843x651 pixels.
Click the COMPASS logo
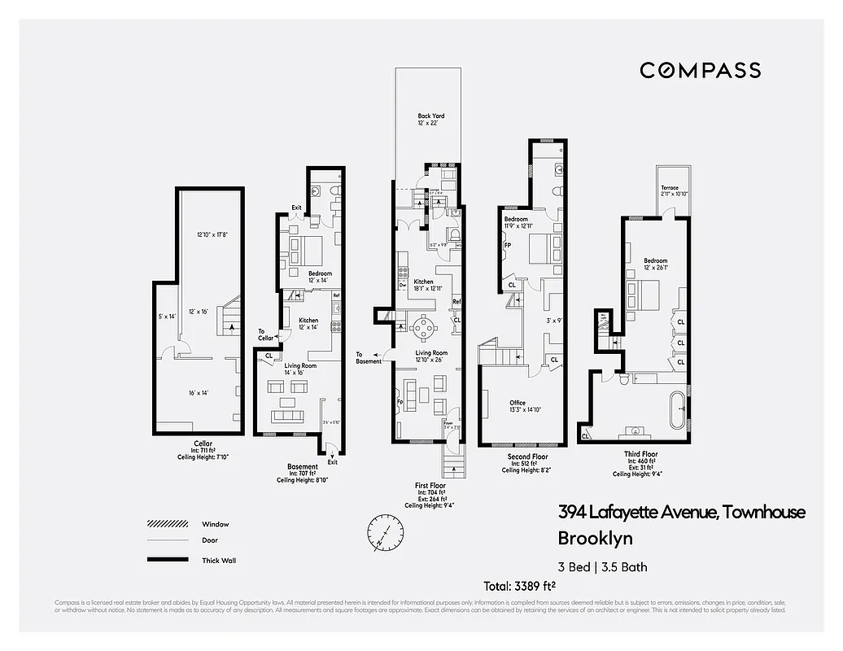click(x=700, y=70)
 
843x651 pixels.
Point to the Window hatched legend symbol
click(x=168, y=523)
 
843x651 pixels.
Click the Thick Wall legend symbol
click(x=168, y=560)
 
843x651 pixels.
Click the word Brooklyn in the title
click(x=595, y=538)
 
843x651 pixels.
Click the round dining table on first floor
click(x=424, y=328)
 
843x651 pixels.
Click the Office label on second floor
click(x=518, y=403)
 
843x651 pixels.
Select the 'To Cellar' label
click(x=267, y=334)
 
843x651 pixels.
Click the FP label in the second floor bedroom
click(x=507, y=245)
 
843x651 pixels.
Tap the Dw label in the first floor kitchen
click(x=403, y=285)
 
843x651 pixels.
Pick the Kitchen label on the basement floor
click(x=308, y=320)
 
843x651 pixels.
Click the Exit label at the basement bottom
click(x=332, y=462)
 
